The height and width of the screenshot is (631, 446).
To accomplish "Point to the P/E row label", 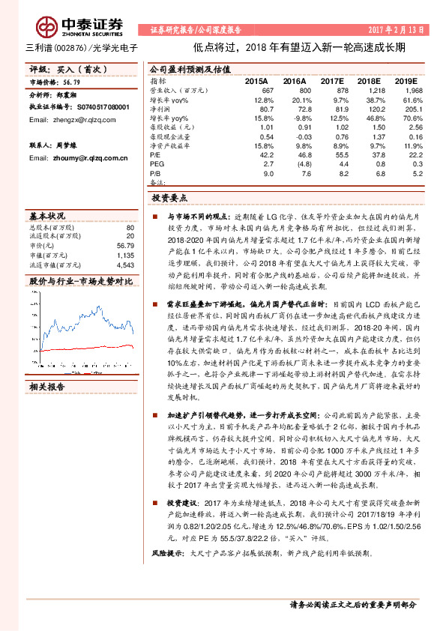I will tap(155, 154).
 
